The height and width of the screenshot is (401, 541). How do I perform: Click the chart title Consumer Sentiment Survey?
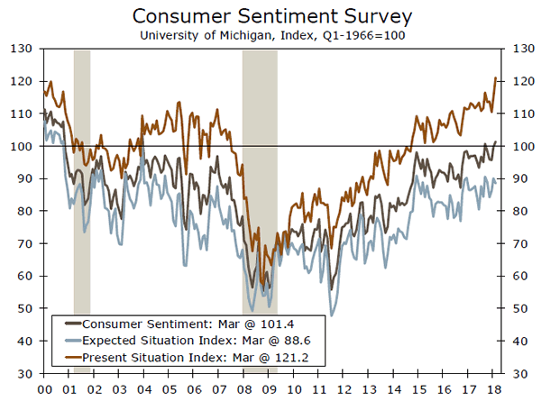(x=270, y=16)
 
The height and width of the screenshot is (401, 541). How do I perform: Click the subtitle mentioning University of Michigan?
(x=270, y=35)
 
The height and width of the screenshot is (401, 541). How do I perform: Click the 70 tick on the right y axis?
(x=520, y=243)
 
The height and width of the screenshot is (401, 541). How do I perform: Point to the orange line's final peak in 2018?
(x=495, y=78)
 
